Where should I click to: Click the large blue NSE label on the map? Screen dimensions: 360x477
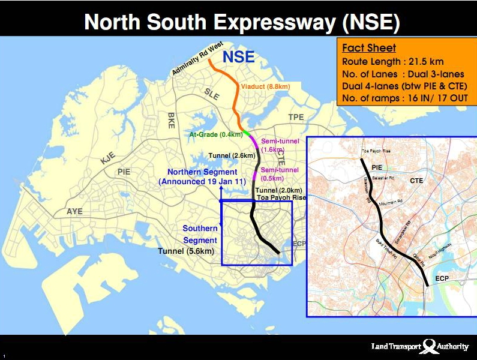coord(239,58)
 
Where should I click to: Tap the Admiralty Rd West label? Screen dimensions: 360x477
coord(197,59)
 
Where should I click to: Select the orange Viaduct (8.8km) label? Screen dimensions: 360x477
coord(265,87)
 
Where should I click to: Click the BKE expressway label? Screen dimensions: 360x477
coord(171,121)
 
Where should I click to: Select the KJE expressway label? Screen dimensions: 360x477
coord(108,158)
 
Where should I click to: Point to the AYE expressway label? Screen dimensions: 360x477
coord(74,212)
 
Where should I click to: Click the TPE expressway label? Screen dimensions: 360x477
coord(296,117)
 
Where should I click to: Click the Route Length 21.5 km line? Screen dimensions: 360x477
coord(392,62)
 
